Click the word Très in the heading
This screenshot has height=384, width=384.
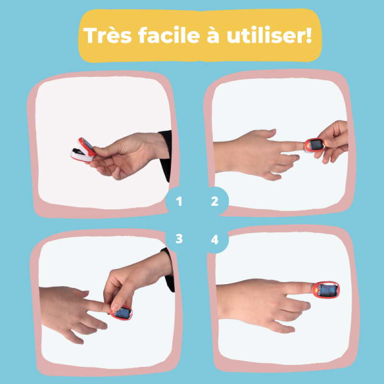click(108, 35)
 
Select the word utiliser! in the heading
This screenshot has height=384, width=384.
click(269, 35)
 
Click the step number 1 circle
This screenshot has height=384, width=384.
click(179, 201)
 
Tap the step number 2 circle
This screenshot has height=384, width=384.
click(215, 201)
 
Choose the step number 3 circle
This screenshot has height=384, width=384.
click(179, 239)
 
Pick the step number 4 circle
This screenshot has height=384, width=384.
click(215, 239)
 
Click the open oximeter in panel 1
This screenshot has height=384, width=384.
click(83, 150)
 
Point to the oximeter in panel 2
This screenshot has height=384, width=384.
click(314, 145)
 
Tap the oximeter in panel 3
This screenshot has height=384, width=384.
click(121, 313)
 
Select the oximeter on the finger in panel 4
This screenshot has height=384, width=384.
click(326, 290)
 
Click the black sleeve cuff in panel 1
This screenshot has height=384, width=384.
click(165, 155)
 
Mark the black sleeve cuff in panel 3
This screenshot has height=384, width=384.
click(169, 269)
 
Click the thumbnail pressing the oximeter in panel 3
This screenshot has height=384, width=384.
click(115, 307)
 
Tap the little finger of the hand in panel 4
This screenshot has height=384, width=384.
click(282, 327)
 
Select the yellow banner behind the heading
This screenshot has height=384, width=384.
click(200, 36)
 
